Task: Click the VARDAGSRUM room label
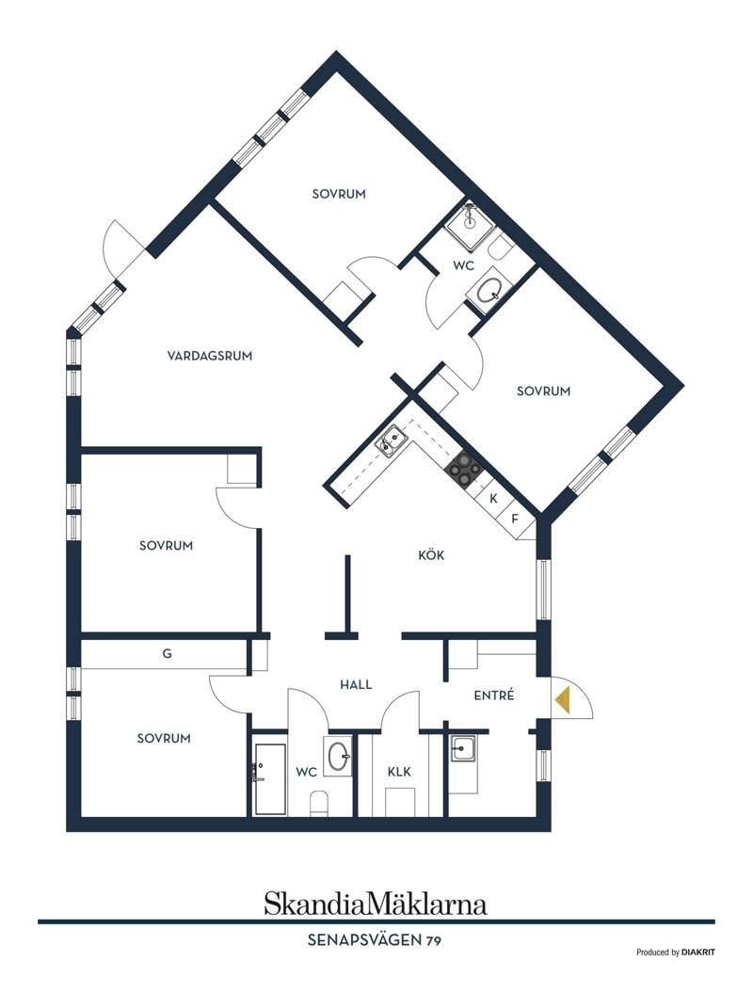tap(210, 356)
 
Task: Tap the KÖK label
tap(431, 554)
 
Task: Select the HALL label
tap(356, 684)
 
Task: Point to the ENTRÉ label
tap(494, 695)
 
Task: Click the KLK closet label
tap(399, 772)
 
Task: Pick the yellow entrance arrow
tap(563, 699)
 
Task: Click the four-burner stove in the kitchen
tap(464, 468)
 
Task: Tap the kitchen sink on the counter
tap(391, 441)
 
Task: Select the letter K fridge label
tap(494, 498)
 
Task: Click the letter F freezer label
tap(515, 519)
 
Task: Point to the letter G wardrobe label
tap(168, 654)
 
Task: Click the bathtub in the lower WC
tap(270, 779)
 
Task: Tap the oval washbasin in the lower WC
tap(339, 757)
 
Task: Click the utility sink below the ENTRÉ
tap(463, 748)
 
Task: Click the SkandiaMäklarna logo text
tap(376, 904)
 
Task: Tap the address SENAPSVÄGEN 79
tap(375, 940)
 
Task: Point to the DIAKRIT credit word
tap(697, 952)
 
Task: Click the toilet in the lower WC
tap(320, 804)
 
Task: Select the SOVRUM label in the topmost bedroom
tap(339, 194)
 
